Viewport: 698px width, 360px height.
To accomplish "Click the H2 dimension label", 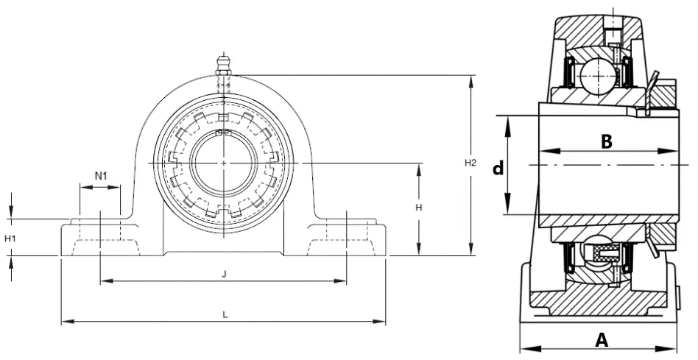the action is (x=470, y=163).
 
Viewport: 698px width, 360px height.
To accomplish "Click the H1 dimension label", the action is (x=10, y=239).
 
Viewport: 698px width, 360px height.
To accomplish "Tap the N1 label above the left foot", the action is (x=101, y=176).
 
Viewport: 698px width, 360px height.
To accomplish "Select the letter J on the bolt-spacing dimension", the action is (x=225, y=275).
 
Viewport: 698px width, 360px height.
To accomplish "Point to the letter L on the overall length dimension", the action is (x=225, y=314).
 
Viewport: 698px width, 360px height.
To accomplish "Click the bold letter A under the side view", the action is (x=602, y=340).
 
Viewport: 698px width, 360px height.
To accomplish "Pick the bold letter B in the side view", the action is (x=607, y=141).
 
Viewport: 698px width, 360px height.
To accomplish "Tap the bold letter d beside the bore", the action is (x=498, y=168).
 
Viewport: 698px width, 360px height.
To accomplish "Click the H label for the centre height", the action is (x=418, y=208).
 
